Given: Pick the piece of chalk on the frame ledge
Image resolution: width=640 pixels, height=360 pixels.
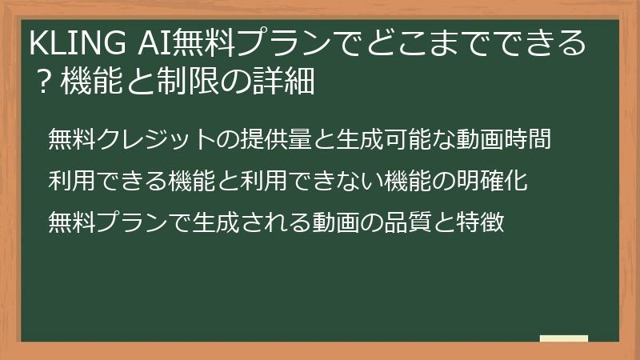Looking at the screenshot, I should point(563,339).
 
